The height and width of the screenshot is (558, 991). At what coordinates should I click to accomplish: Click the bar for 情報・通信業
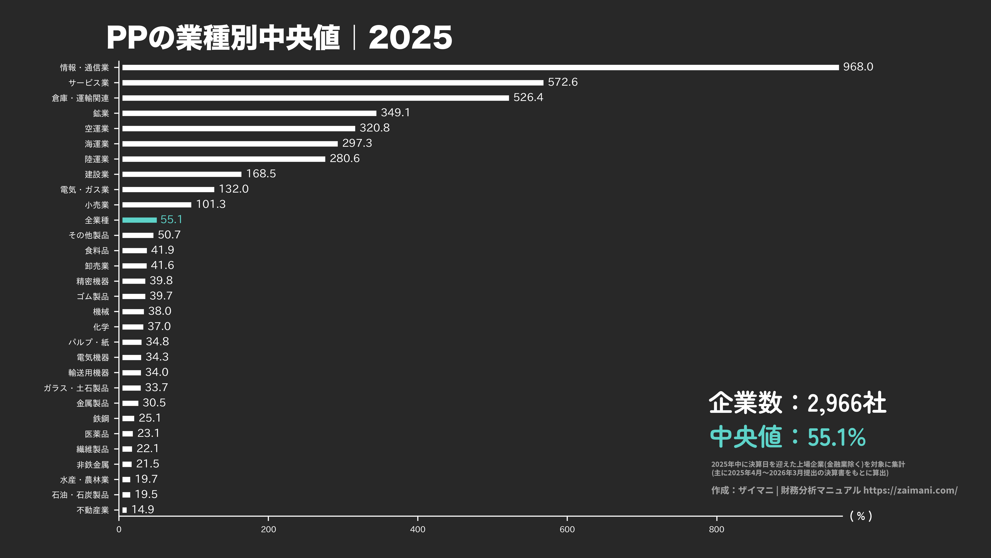[x=480, y=67]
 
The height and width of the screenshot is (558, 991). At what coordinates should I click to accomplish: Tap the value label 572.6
[x=562, y=82]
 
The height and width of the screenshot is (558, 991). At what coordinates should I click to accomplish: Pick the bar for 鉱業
[x=249, y=113]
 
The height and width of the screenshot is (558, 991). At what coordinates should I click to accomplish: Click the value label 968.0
[x=858, y=67]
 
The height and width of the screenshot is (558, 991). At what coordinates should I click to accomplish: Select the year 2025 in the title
[x=410, y=38]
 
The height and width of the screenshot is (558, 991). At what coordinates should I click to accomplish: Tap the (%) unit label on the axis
[x=861, y=516]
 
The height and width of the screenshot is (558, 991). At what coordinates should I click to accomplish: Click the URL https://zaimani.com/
[x=910, y=490]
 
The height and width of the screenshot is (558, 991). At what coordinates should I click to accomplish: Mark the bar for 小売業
[x=157, y=205]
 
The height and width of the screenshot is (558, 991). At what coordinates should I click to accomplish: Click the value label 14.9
[x=143, y=509]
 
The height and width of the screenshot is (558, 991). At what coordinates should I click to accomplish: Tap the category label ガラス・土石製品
[x=76, y=388]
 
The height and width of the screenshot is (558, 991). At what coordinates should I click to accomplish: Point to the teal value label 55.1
[x=171, y=219]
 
